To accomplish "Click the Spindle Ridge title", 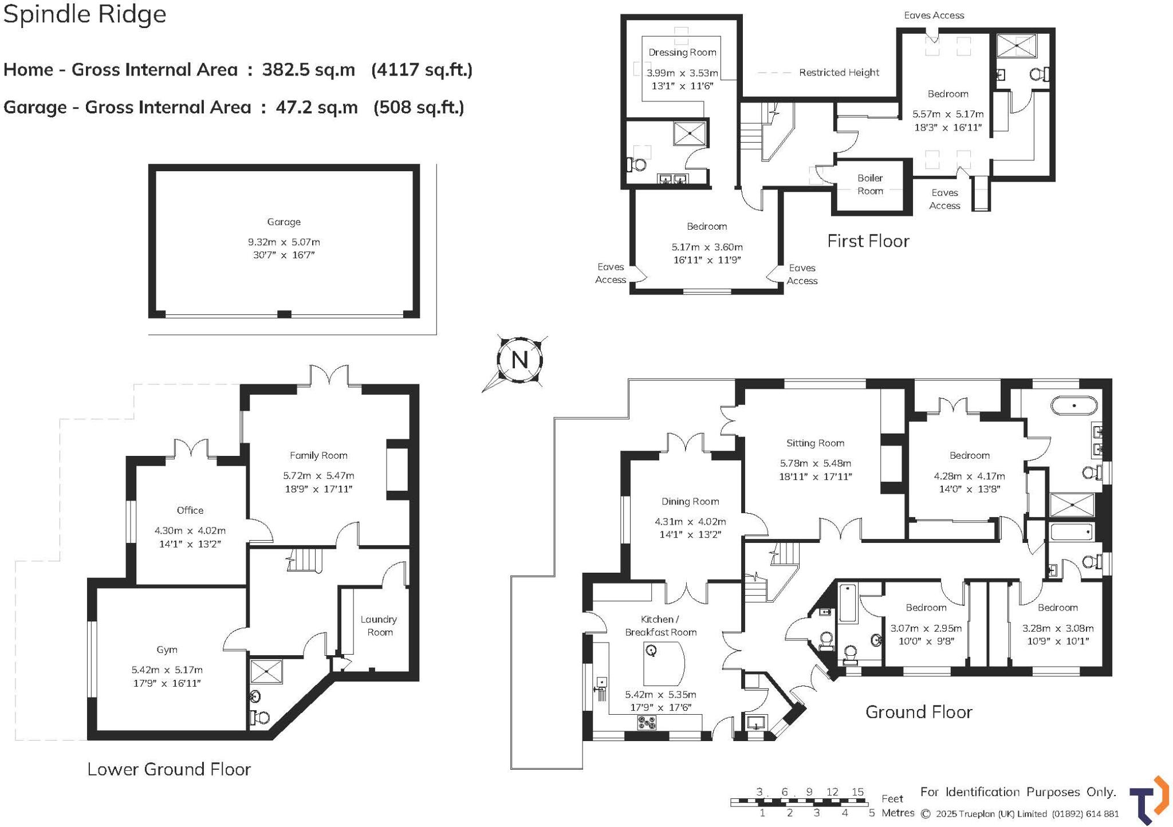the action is coord(85,14).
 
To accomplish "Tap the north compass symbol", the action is coord(519,360).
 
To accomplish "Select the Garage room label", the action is coord(284,222).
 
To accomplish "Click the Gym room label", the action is coord(167,649).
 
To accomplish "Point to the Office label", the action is coord(190,510).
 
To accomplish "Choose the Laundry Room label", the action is coord(379,625).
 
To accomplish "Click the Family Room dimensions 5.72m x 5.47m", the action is coord(318,476).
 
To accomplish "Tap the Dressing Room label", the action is coord(682,53).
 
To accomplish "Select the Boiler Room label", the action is coord(870,184).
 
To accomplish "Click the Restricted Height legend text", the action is coord(839,73).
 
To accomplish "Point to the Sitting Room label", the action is coord(815,443).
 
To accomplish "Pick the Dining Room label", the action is coord(690,502).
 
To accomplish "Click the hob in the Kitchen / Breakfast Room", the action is coord(647,723).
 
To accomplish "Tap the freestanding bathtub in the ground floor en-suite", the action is coord(1074,406).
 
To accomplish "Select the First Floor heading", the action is coord(868,241).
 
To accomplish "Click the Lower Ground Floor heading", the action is coord(169,769).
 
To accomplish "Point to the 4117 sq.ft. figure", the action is coord(422,70).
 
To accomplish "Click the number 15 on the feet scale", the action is coord(857,792).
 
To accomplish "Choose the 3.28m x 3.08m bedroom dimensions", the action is coord(1058,628).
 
